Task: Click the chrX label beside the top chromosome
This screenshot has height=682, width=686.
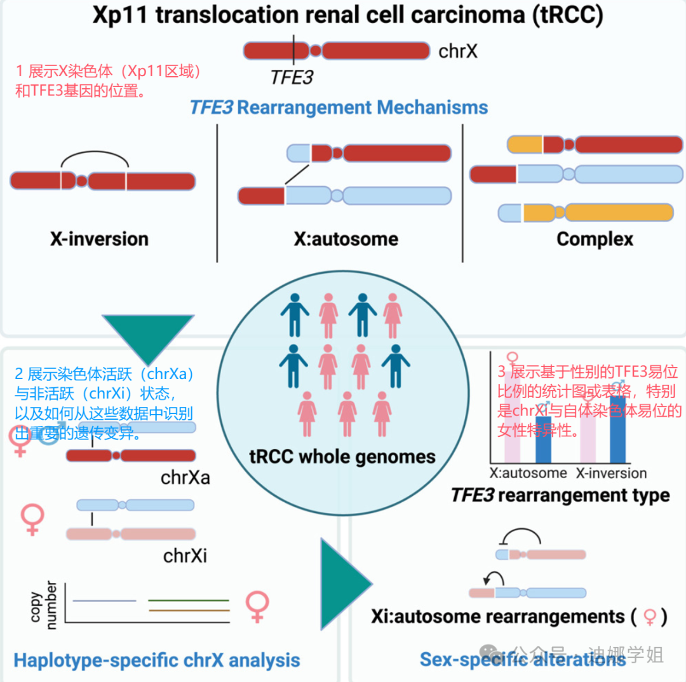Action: coord(458,51)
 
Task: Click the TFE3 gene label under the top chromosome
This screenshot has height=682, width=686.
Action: coord(292,77)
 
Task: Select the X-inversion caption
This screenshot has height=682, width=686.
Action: coord(99,239)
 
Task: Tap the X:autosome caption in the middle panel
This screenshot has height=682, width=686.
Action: coord(346,239)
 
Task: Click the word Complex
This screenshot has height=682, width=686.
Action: coord(595,239)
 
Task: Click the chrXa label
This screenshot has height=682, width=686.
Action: coord(185,476)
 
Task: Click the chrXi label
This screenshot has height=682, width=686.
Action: coord(185,556)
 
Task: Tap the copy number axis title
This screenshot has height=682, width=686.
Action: coord(43,604)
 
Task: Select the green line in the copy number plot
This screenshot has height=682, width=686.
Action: coord(188,600)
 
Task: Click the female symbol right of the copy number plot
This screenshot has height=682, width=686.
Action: coord(257,607)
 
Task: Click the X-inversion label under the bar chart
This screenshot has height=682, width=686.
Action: coord(611,473)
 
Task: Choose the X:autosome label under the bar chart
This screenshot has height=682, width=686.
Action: coord(528,473)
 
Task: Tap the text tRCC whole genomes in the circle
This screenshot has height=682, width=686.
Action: coord(343,456)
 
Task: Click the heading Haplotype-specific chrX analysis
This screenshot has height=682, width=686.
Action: coord(157,660)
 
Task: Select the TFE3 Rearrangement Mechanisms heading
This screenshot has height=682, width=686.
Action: coord(339,107)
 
